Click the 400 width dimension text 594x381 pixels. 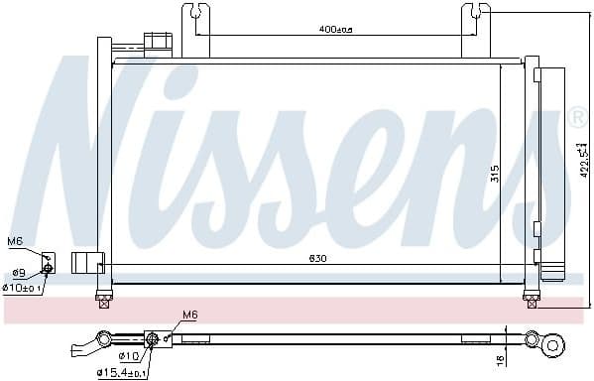335,29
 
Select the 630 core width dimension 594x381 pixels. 317,258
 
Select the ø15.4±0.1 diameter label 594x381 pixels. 121,372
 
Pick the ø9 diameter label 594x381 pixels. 18,273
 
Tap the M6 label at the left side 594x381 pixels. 15,241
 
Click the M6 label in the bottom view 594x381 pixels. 190,317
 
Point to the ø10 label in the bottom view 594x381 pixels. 129,355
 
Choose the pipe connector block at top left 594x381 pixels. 156,44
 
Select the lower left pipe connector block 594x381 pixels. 89,262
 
